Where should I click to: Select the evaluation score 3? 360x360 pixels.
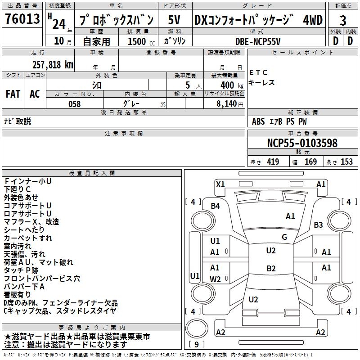343,20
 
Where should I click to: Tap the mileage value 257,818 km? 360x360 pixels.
52,64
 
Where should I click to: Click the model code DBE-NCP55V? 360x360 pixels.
258,41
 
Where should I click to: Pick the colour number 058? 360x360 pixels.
74,104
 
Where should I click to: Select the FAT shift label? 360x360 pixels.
13,94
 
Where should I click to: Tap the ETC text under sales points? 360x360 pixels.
258,72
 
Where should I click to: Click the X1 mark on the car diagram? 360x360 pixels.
220,184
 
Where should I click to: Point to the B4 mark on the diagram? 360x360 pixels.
216,206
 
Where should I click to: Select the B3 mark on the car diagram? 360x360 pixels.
319,225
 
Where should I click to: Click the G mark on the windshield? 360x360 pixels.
284,237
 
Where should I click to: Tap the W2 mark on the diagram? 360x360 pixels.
215,279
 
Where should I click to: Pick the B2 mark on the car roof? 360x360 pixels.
270,269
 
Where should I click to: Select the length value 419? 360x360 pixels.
273,162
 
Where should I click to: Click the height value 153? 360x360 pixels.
346,162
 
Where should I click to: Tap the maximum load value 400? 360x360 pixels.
227,85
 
